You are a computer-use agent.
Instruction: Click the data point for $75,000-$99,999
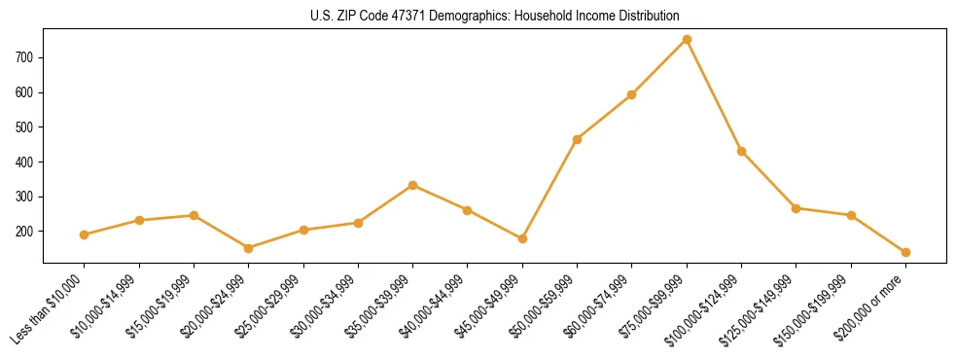pos(687,40)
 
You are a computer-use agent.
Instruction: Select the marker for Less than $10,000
pos(85,234)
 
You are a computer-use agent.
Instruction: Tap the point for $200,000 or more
pos(905,252)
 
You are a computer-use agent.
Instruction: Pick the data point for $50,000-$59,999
pos(578,139)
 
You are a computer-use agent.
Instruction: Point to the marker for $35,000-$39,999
pos(413,185)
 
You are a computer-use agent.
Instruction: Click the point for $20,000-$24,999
pos(249,248)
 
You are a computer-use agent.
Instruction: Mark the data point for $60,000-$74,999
pos(632,94)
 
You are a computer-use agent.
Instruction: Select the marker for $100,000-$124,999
pos(741,151)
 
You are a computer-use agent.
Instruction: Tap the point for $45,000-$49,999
pos(522,238)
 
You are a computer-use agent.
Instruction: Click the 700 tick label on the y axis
pos(26,57)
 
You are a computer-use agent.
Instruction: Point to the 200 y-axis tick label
pos(26,232)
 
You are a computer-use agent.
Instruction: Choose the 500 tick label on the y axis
pos(26,127)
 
